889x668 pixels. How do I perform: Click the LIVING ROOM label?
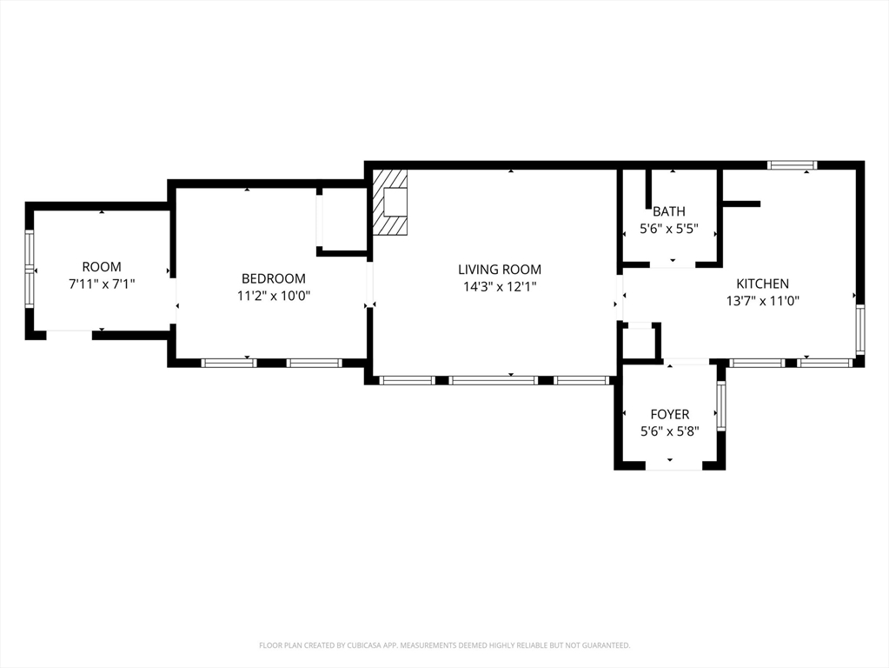click(500, 269)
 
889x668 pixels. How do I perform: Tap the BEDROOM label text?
click(273, 278)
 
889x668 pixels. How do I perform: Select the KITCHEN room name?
click(763, 284)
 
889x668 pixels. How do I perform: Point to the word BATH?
click(669, 211)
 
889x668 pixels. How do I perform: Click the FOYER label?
click(670, 414)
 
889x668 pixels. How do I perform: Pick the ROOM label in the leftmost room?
click(102, 266)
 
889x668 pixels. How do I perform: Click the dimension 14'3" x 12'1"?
click(500, 287)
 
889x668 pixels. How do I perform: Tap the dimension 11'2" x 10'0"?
click(273, 296)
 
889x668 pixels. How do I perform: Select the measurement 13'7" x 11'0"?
click(763, 301)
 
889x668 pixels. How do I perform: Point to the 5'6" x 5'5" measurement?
click(669, 229)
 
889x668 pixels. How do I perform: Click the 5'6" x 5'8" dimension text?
click(670, 431)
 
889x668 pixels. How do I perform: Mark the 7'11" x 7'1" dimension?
click(102, 284)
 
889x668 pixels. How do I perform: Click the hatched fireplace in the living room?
click(389, 202)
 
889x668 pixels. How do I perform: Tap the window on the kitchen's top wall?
click(793, 165)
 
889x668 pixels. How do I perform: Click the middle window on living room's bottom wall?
click(494, 380)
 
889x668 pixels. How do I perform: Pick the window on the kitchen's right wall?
click(860, 329)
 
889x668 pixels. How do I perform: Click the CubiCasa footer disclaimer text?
click(445, 645)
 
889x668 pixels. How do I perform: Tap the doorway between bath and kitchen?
click(673, 265)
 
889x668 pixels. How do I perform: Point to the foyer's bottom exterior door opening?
click(673, 466)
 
